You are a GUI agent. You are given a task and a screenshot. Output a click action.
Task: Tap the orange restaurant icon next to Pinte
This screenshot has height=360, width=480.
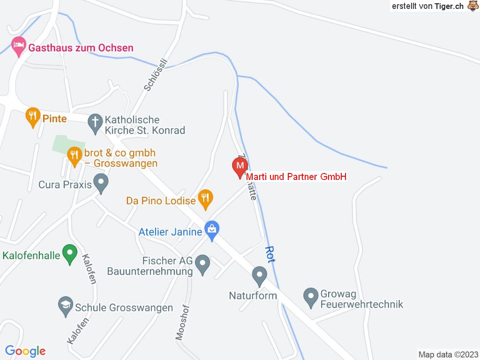(32, 117)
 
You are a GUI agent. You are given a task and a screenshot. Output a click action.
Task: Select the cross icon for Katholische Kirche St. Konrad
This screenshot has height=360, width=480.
(95, 123)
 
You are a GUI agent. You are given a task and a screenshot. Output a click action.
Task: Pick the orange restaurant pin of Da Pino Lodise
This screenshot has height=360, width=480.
(205, 199)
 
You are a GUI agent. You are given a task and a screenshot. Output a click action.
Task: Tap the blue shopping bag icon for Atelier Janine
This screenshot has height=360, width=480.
(212, 230)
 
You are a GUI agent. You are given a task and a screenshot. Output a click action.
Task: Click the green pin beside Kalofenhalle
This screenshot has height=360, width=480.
(70, 255)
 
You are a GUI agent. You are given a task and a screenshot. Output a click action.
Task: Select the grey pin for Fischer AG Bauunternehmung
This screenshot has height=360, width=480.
(202, 264)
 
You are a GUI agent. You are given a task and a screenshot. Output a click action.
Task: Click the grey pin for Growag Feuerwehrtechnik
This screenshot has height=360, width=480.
(310, 297)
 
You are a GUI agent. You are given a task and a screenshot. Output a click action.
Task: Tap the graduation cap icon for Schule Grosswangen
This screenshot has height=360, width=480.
(65, 306)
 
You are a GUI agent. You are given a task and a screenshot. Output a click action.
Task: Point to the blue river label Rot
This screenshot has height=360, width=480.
(270, 254)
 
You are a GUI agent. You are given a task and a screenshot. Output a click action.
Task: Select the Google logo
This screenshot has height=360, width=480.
(25, 351)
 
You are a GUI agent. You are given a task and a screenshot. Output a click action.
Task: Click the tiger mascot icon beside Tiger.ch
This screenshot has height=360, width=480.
(472, 6)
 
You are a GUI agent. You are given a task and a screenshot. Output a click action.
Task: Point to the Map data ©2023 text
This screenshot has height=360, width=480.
(448, 354)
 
